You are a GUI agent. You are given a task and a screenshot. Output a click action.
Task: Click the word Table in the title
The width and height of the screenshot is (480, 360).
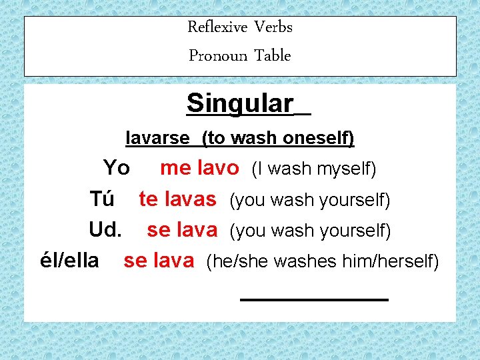click(x=273, y=56)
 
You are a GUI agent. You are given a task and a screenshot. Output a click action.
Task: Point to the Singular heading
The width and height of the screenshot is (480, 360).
click(x=240, y=103)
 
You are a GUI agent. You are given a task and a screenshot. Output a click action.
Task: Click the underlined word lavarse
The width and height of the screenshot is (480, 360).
click(x=158, y=138)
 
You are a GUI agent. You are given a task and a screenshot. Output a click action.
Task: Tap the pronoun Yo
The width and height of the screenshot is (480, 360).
click(x=117, y=168)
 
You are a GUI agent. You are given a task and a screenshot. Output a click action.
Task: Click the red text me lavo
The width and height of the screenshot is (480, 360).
click(x=199, y=168)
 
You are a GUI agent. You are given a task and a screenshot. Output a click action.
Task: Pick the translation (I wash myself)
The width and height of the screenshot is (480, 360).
click(x=313, y=169)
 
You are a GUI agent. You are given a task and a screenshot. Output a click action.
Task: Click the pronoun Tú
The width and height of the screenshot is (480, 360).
click(x=102, y=199)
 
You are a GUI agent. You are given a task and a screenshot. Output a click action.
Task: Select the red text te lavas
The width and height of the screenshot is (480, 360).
click(x=177, y=199)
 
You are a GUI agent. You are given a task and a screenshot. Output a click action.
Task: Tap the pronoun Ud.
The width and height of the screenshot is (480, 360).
click(x=105, y=230)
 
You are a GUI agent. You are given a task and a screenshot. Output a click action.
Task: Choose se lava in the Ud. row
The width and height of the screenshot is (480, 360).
click(x=182, y=230)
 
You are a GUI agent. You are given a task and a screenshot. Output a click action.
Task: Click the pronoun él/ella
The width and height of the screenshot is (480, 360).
click(x=70, y=261)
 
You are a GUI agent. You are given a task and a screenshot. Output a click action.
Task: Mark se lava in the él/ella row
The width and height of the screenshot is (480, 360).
click(x=159, y=261)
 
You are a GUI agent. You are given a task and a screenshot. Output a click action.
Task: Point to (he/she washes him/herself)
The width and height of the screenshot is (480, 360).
click(x=323, y=262)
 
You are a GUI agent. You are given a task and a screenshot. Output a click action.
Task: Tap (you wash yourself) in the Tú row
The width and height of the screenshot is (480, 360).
click(x=309, y=200)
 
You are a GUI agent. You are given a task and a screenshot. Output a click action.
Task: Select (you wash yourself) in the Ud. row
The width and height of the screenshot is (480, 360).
click(x=309, y=231)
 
